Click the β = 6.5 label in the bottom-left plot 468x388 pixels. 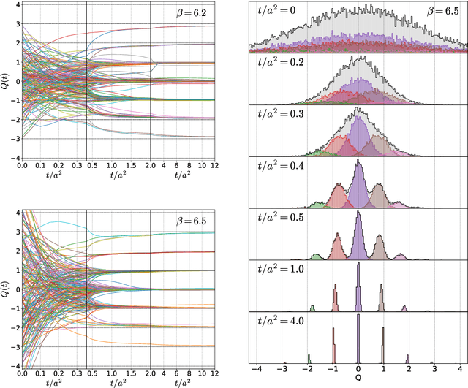coord(191,220)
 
